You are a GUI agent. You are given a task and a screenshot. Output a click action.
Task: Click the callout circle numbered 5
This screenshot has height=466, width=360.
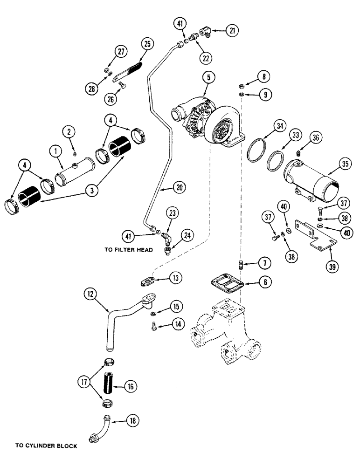click(x=206, y=77)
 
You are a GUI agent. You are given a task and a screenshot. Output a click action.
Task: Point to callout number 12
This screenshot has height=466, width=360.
click(x=90, y=295)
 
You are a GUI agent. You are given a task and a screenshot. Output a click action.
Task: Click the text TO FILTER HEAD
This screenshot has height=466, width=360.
click(x=129, y=250)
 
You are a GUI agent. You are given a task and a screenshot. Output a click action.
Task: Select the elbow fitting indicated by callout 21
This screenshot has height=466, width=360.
click(x=207, y=32)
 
